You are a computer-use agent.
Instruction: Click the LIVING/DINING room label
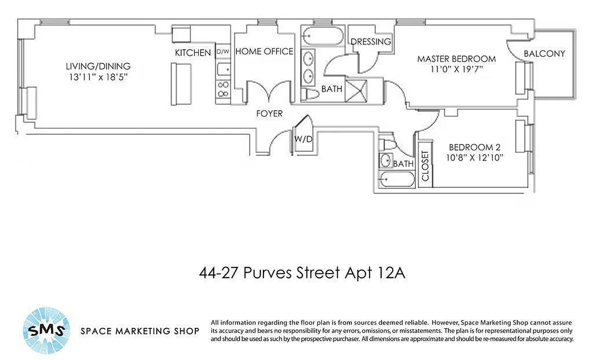[x=98, y=67]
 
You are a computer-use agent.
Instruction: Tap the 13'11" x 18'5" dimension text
[x=98, y=77]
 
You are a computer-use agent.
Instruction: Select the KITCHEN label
[x=193, y=53]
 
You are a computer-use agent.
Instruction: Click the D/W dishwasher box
[x=223, y=52]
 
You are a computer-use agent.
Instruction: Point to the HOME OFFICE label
[x=264, y=52]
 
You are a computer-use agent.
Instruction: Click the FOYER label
[x=269, y=113]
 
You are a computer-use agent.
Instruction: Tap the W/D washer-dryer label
[x=303, y=139]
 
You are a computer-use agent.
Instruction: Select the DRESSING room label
[x=371, y=42]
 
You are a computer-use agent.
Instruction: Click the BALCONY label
[x=544, y=54]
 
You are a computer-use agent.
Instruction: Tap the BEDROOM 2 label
[x=475, y=147]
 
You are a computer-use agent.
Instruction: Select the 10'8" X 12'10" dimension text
[x=475, y=157]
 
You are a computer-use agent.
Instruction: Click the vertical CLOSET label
[x=426, y=166]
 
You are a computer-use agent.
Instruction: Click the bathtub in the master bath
[x=322, y=36]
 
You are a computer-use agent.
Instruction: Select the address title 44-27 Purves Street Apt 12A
[x=302, y=273]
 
